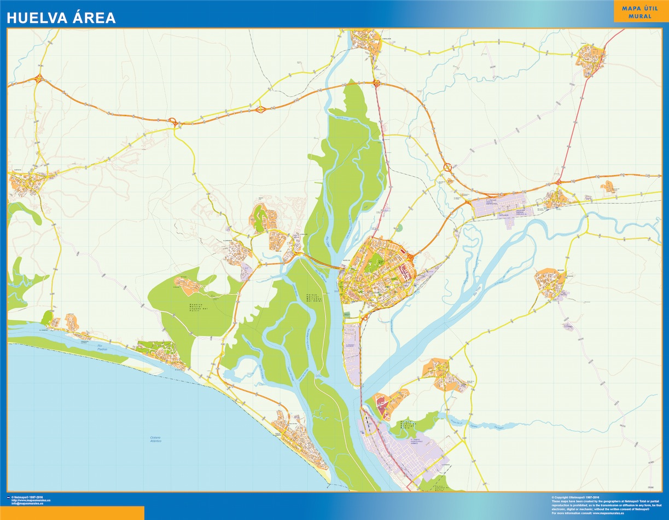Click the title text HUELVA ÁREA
click(61, 18)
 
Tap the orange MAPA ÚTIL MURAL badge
click(639, 12)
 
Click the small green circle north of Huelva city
click(399, 228)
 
